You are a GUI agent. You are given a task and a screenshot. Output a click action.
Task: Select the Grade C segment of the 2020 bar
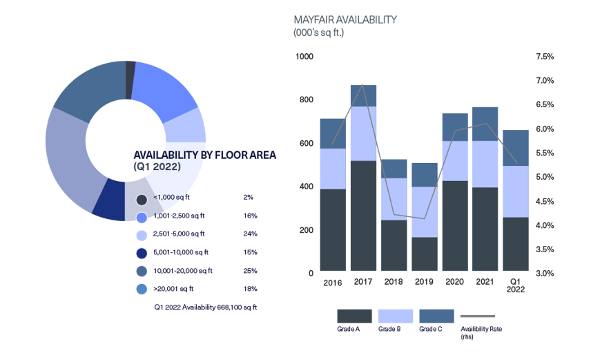[455, 127]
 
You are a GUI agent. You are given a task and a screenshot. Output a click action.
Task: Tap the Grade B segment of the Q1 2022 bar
[515, 191]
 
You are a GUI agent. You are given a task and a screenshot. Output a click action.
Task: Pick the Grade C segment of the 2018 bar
[394, 169]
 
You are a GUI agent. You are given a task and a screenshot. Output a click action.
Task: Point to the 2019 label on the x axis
[424, 282]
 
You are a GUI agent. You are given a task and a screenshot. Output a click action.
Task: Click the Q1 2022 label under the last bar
[515, 286]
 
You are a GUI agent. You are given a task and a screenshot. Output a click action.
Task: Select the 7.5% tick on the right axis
[545, 57]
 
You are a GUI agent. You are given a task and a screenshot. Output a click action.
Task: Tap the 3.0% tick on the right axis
[545, 274]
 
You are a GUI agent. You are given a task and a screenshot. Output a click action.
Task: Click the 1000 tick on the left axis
[304, 57]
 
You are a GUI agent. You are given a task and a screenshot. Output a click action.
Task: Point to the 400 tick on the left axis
[305, 187]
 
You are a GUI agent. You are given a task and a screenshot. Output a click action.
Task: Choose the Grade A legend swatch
[354, 316]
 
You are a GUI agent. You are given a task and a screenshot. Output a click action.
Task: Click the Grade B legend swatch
[395, 316]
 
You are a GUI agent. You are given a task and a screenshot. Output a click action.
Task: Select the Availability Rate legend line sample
[477, 316]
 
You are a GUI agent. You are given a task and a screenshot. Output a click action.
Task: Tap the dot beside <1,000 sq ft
[142, 200]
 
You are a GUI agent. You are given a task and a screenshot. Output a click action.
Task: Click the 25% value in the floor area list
[250, 270]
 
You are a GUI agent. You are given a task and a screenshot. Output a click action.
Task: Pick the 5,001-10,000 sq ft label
[181, 252]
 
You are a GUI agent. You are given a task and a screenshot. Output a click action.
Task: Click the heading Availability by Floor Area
[204, 155]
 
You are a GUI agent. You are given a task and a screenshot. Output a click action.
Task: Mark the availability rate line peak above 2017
[363, 84]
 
